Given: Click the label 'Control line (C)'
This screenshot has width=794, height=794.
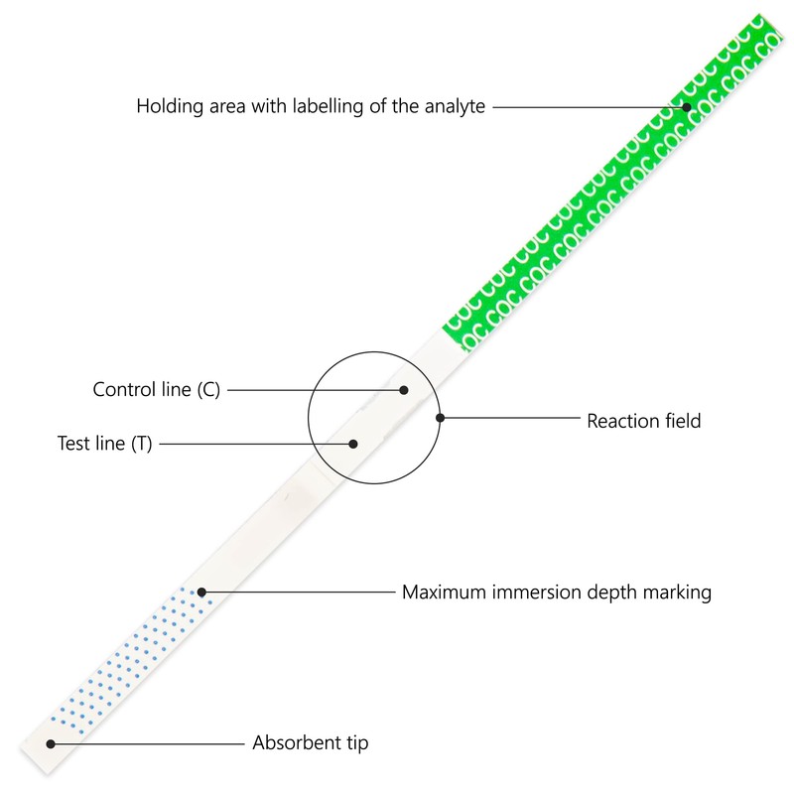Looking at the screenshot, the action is coord(156,390).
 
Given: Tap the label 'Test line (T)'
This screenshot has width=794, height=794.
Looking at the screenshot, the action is coord(104,444).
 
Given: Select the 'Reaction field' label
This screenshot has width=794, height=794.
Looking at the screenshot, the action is coord(643,421).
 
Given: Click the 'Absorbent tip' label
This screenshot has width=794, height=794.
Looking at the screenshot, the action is coord(310,742).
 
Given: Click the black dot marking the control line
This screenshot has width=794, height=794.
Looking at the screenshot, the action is coord(404,390).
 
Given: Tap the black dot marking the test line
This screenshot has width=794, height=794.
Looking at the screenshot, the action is coord(352,444).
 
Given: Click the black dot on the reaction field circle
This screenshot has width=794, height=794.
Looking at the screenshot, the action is coord(440,418).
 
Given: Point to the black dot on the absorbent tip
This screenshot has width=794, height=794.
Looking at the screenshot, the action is coord(51,742).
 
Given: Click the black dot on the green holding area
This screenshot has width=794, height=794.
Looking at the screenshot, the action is coord(686,105).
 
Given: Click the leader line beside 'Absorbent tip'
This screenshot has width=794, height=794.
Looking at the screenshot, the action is coord(149,742).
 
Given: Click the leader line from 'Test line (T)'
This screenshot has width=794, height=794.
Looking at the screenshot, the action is coord(253,444).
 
